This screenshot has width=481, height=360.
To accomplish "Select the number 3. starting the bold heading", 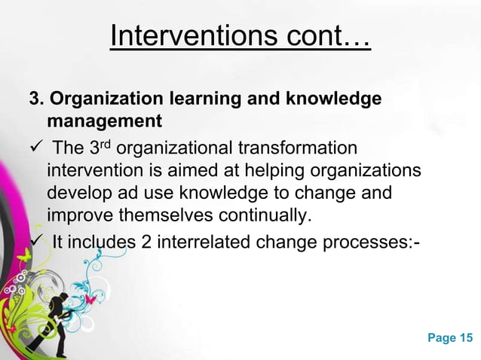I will pos(37,100).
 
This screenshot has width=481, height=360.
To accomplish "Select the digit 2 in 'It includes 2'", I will pos(148,241).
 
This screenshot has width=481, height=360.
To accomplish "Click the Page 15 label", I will pos(452,337).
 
